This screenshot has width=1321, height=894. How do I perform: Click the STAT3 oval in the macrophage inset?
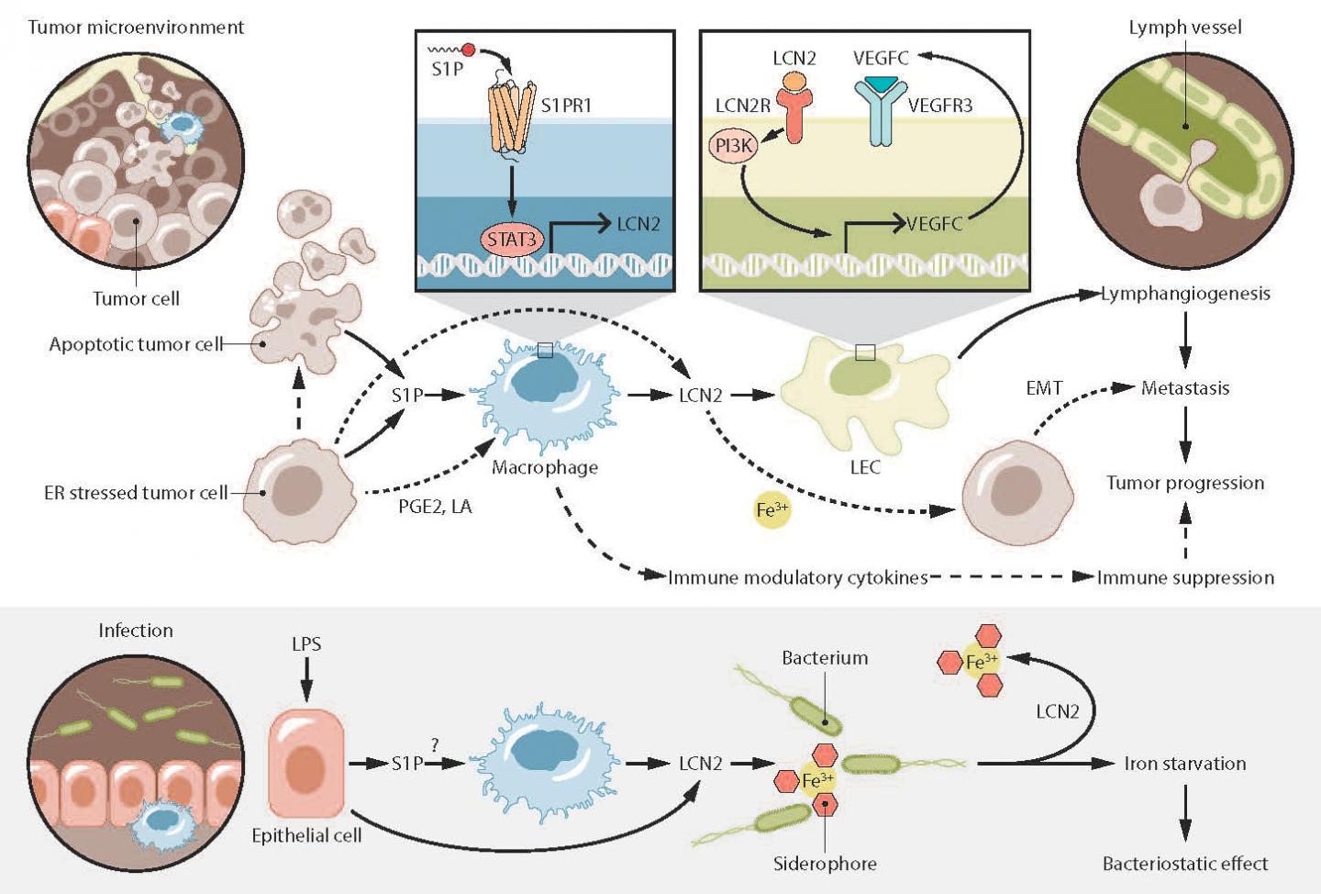click(511, 240)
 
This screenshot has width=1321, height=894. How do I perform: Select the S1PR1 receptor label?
click(566, 106)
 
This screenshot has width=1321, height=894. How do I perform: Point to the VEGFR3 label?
click(940, 106)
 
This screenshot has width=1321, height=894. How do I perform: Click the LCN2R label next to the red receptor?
click(743, 106)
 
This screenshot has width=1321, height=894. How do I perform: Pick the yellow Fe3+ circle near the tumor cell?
click(771, 509)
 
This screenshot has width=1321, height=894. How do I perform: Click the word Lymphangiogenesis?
click(1185, 294)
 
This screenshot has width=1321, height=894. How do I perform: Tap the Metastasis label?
click(1185, 388)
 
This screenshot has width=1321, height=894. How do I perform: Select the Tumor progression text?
click(1185, 483)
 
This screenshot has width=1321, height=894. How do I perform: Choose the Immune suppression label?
click(1185, 577)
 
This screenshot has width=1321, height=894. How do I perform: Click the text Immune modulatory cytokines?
click(798, 577)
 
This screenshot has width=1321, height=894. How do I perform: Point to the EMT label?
click(1044, 388)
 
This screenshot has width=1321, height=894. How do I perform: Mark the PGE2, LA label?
click(435, 507)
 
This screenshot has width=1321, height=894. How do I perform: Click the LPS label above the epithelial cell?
click(306, 644)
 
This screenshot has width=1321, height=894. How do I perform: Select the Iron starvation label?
click(1185, 764)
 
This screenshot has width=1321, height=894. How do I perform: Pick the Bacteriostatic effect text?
click(1185, 864)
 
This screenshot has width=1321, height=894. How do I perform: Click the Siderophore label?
click(825, 864)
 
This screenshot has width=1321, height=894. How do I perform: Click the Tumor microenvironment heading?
click(136, 28)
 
